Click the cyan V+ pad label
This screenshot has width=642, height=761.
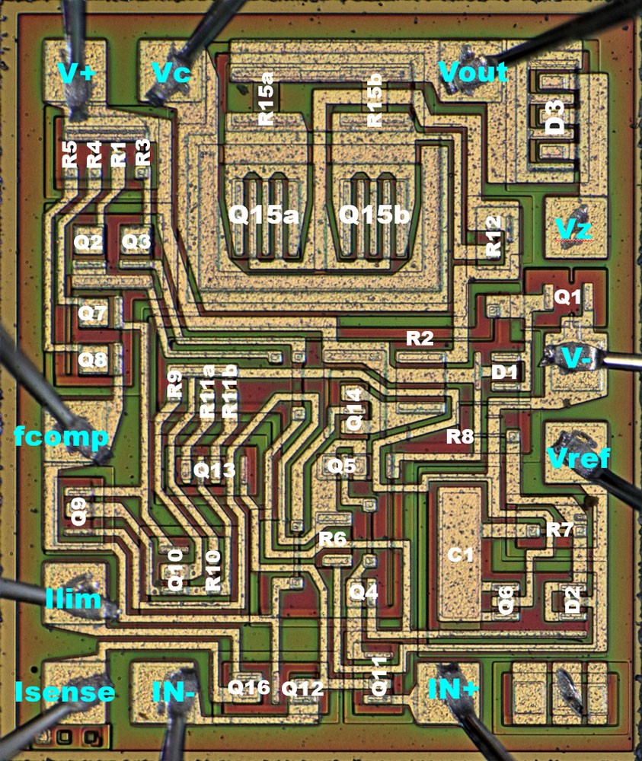click(76, 73)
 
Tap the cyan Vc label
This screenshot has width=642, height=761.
click(171, 73)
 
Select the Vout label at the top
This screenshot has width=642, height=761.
click(473, 72)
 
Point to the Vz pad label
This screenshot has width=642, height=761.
click(573, 228)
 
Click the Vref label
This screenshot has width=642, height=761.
click(578, 457)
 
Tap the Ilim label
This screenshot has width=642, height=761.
click(73, 600)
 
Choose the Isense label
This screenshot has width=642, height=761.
click(65, 691)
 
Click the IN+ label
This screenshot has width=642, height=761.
click(453, 689)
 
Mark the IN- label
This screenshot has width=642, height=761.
click(174, 692)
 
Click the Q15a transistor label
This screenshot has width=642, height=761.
click(264, 214)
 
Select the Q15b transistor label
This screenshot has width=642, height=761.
click(374, 214)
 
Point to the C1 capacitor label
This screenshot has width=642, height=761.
click(460, 554)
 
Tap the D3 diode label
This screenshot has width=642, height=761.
click(555, 117)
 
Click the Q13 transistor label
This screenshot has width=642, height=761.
click(214, 470)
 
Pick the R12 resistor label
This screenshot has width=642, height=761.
click(493, 237)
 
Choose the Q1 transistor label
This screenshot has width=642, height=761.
click(567, 296)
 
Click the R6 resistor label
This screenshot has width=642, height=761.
click(333, 538)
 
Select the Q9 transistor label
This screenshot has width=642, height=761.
click(78, 511)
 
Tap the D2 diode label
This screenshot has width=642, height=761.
click(573, 600)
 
